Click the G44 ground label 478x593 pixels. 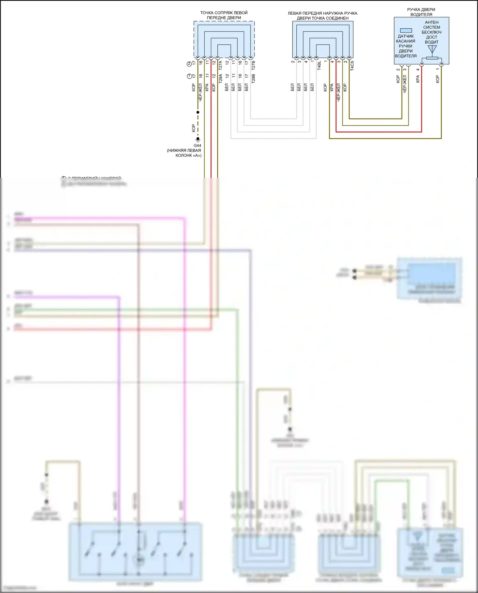pos(197,146)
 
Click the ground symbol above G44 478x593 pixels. pos(198,139)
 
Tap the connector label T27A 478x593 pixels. pos(220,65)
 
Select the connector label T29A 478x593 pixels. pos(220,79)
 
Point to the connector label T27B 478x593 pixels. pos(253,65)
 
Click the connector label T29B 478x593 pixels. pos(253,79)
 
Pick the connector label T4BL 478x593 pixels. pos(319,65)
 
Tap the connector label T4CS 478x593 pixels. pos(352,65)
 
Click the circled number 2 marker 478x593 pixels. pos(189,64)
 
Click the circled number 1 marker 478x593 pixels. pos(189,76)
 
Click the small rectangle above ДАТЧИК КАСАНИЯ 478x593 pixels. pos(406,31)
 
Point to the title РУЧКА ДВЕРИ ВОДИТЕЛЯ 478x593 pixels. pos(421,12)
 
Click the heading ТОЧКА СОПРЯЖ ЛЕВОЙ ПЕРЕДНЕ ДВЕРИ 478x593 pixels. pos(224,15)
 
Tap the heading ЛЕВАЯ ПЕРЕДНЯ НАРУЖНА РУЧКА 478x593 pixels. pos(322,13)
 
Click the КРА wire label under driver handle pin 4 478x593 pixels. pos(418,79)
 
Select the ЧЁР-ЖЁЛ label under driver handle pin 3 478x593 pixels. pos(405,84)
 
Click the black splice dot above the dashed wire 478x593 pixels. pos(198,112)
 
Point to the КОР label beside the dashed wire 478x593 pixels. pos(193,128)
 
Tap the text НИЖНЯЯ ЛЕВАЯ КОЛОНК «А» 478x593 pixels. pos(184,153)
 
